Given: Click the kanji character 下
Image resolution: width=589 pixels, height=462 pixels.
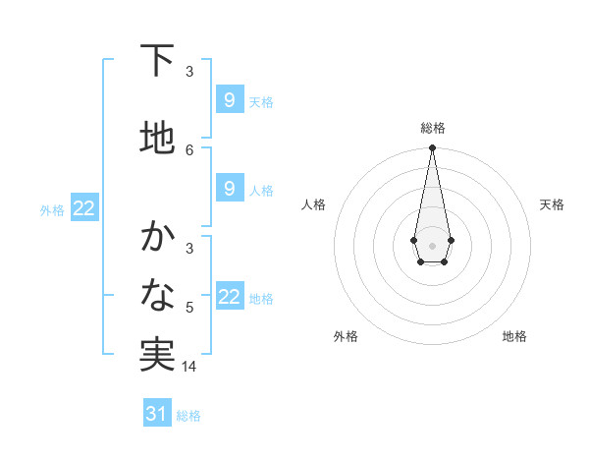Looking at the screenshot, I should pos(156,61).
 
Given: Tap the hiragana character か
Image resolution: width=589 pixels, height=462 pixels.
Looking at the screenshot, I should pos(156,237).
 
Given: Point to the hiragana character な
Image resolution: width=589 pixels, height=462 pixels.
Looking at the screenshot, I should pos(156,294).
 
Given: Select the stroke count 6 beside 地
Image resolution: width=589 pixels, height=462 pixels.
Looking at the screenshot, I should pos(189,149).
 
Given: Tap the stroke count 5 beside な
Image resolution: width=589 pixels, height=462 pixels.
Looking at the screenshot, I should pos(189,308).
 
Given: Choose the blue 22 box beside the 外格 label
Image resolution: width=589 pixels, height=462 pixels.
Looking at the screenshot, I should pos(83,208).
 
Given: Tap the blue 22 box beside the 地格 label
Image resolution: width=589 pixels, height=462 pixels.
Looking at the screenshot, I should pos(230,298).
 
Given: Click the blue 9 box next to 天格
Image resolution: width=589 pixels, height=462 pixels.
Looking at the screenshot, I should pos(229,100).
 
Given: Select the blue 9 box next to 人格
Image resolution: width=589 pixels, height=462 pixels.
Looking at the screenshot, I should pos(229,189).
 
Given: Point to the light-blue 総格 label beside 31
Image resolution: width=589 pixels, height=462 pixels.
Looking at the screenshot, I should pos(188,416).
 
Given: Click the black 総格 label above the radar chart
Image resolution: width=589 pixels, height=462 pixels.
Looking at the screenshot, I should pos(432,128).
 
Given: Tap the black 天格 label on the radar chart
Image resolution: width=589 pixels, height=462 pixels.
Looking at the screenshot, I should pos(552,204).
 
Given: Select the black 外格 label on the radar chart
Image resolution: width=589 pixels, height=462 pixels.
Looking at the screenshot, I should pos(346,336).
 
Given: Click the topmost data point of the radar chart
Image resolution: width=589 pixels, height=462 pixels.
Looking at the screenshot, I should pos(432,148).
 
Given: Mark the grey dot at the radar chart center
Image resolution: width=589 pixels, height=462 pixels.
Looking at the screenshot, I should pos(432,245).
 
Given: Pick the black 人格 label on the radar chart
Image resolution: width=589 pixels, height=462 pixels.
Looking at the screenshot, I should pos(313,204).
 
